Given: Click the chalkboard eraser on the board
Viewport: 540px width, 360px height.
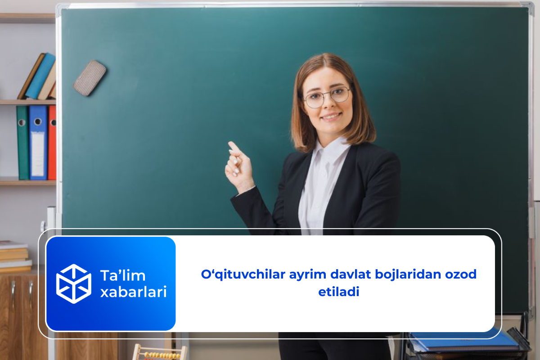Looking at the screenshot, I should (90, 78).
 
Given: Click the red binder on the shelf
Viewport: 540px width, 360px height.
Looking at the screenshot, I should (52, 142).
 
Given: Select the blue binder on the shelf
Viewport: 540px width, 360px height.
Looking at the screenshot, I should (38, 142).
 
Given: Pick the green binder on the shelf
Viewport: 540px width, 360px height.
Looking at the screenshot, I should (22, 142).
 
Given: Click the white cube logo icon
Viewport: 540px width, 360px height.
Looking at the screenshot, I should (73, 283).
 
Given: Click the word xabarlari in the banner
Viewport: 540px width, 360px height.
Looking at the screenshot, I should (133, 292).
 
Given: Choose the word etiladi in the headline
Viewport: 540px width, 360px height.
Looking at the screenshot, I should (338, 291).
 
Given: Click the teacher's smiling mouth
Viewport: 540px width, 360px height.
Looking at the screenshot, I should (331, 116).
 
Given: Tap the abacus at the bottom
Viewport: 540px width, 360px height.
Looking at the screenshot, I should (160, 352).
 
